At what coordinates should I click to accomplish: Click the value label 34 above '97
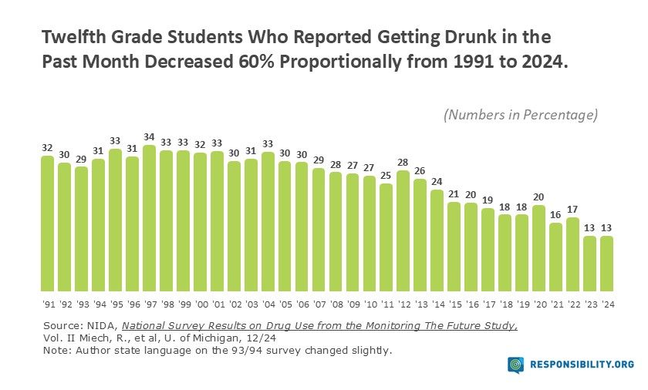pyautogui.click(x=150, y=138)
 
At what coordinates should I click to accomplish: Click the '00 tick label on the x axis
pyautogui.click(x=200, y=303)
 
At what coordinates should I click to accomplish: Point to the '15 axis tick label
pyautogui.click(x=454, y=303)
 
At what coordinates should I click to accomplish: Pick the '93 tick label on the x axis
pyautogui.click(x=82, y=303)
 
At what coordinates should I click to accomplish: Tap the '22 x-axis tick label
pyautogui.click(x=572, y=303)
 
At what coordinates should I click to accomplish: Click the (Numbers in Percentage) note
pyautogui.click(x=521, y=115)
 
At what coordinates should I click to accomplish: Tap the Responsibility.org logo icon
pyautogui.click(x=515, y=365)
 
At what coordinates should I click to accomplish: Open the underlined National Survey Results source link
pyautogui.click(x=319, y=326)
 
